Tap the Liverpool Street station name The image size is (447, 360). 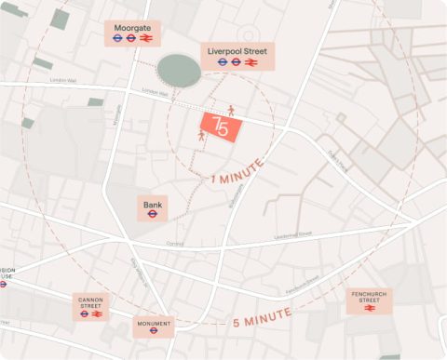[x=237, y=48]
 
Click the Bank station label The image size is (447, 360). [x=151, y=203]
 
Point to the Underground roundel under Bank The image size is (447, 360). [x=151, y=214]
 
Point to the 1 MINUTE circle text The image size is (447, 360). [x=237, y=171]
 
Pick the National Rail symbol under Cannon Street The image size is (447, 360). [x=97, y=314]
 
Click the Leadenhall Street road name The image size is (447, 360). [x=292, y=235]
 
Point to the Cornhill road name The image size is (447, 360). [x=174, y=244]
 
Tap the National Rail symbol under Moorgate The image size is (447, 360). [x=144, y=39]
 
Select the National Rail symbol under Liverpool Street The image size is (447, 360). [x=251, y=61]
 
